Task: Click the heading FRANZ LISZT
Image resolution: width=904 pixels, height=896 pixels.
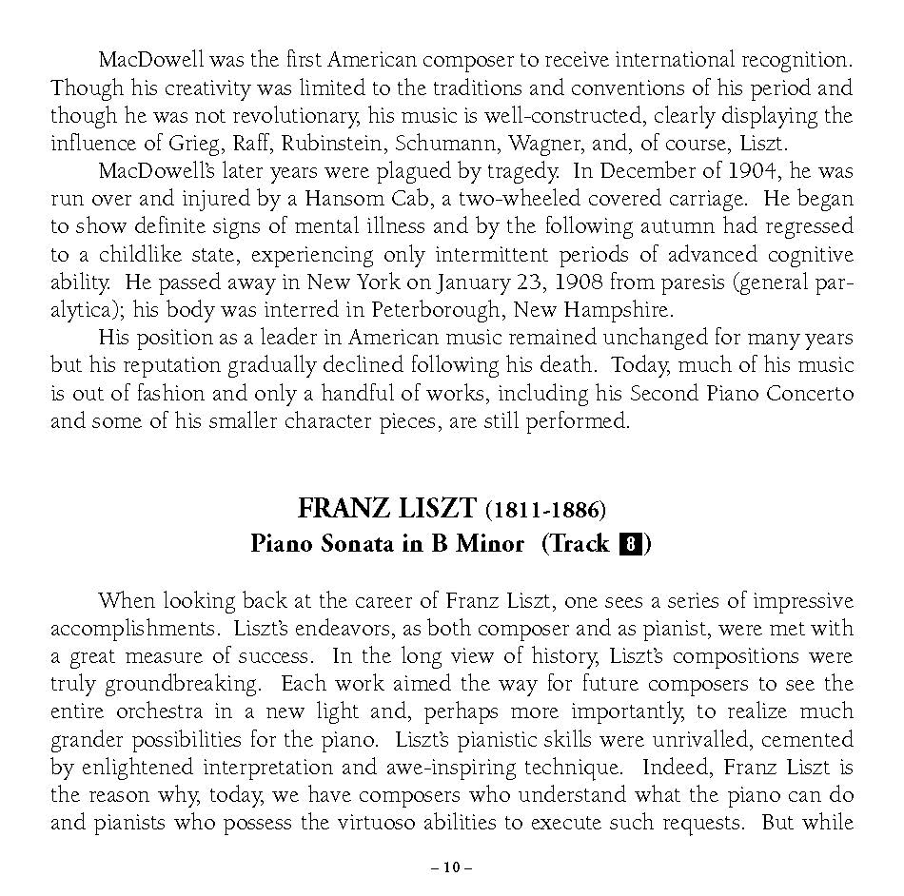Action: pos(386,509)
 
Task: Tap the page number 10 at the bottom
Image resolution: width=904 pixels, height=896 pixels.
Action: pos(451,867)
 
